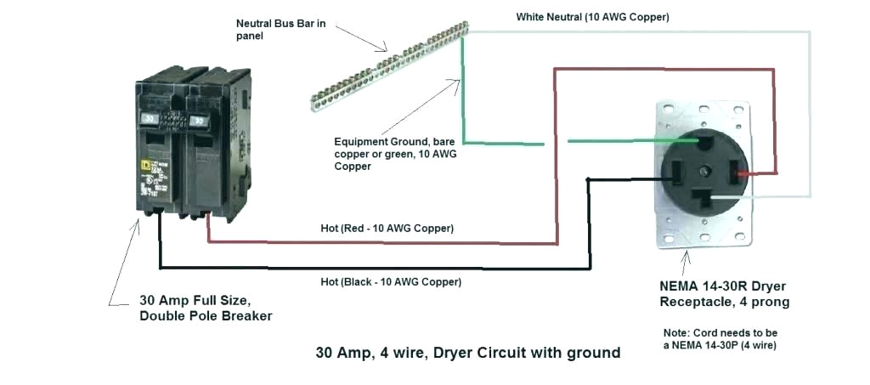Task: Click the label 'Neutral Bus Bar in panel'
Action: [x=280, y=29]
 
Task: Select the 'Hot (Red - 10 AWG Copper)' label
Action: [x=387, y=228]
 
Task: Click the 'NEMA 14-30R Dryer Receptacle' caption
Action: [x=724, y=294]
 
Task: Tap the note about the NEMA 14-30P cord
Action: [x=720, y=338]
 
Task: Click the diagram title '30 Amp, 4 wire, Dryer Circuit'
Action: [x=468, y=352]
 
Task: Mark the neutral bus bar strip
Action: [x=387, y=68]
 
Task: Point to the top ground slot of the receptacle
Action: [x=704, y=138]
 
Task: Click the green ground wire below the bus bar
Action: [x=463, y=102]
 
